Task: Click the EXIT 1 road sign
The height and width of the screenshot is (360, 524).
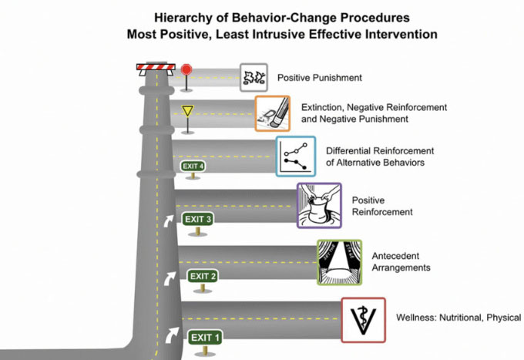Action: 206,337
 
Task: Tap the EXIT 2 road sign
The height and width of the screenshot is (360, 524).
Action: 203,276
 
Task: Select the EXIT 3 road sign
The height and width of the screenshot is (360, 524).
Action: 198,219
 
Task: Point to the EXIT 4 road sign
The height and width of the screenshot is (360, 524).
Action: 192,166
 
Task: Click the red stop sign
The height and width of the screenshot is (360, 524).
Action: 186,69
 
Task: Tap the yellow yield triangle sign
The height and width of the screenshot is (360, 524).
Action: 187,111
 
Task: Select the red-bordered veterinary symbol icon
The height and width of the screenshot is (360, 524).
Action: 363,319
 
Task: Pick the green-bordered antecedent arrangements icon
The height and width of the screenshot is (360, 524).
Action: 339,262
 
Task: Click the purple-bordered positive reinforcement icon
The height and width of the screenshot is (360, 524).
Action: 318,205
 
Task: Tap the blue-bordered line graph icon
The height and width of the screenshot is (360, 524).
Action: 295,156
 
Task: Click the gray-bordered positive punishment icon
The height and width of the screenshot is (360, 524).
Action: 254,77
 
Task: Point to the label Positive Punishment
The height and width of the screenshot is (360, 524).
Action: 320,78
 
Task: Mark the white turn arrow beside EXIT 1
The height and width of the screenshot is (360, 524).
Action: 170,335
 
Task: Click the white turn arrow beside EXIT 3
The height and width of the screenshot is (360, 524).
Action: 170,220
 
